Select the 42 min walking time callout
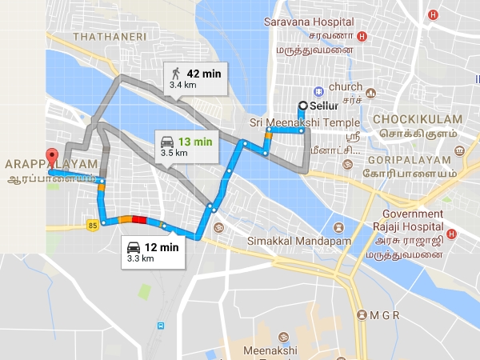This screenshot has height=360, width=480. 194,78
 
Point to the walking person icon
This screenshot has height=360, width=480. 175,74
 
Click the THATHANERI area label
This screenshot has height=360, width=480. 106,37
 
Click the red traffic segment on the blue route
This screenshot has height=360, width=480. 139,219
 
